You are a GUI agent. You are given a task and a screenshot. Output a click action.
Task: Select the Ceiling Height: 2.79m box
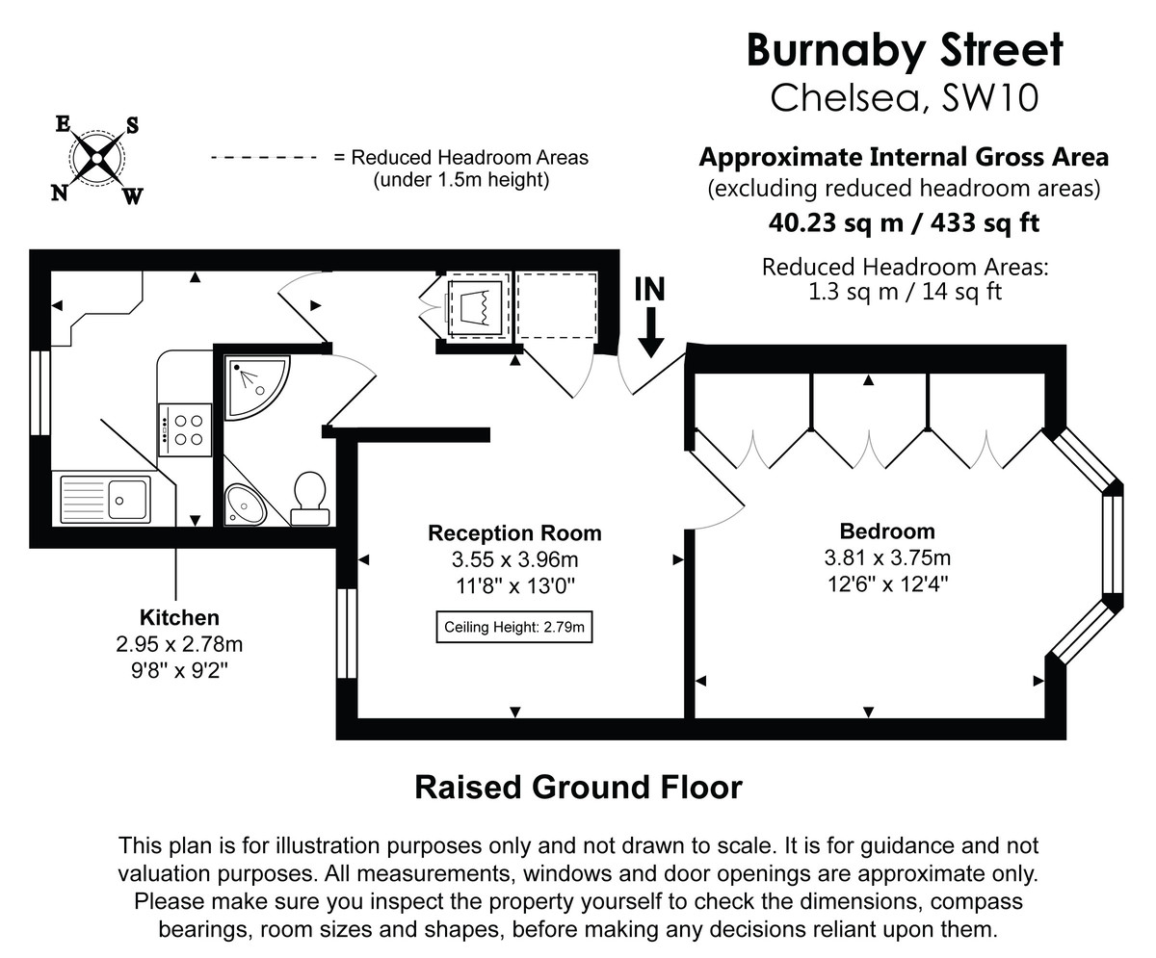[x=513, y=628]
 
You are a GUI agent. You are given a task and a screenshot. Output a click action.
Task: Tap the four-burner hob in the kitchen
[x=185, y=429]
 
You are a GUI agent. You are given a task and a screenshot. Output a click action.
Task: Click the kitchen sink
[x=105, y=499]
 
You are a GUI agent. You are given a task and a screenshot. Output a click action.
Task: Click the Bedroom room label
[x=886, y=531]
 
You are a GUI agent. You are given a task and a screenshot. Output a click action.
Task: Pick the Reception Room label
[x=514, y=533]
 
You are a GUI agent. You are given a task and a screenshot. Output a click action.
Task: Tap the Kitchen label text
[x=179, y=618]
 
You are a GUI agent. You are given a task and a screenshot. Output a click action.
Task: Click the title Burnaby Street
[x=905, y=50]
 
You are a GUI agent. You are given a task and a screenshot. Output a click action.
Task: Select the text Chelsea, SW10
[x=905, y=98]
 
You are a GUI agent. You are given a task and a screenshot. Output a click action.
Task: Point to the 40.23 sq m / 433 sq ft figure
[x=904, y=222]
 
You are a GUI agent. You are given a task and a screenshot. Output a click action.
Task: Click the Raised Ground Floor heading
[x=578, y=787]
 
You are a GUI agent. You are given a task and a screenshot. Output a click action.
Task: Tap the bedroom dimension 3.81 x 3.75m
[x=886, y=557]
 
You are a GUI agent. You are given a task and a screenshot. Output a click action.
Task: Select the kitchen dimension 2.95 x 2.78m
[x=179, y=644]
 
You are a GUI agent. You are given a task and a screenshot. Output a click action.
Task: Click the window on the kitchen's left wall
[x=39, y=393]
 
